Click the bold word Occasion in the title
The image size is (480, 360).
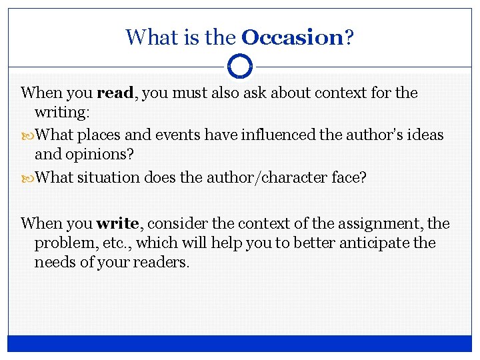point(292,37)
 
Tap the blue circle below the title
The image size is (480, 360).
point(240,66)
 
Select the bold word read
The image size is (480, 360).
point(115,93)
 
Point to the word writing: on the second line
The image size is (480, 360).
point(59,113)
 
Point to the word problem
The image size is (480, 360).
point(61,243)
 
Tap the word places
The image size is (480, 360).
point(101,135)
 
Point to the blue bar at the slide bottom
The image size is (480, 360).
point(240,343)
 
